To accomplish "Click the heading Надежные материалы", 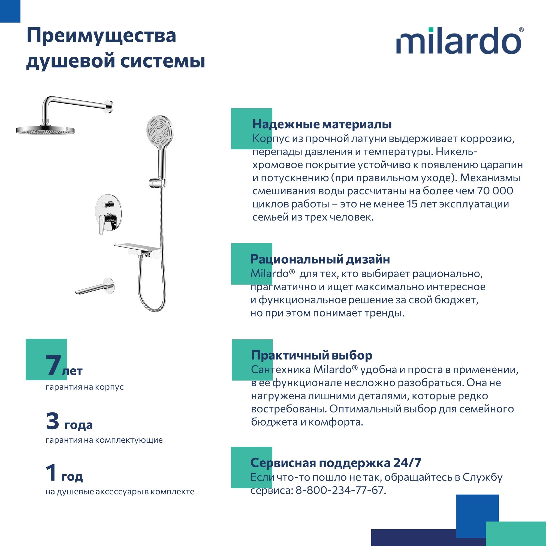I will pyautogui.click(x=322, y=124).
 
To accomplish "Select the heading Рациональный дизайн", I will pyautogui.click(x=320, y=259).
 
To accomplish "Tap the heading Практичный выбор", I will pyautogui.click(x=311, y=355).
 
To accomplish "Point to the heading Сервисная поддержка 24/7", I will pyautogui.click(x=336, y=463).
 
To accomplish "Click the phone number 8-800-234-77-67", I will pyautogui.click(x=340, y=490).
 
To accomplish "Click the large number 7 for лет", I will pyautogui.click(x=53, y=366).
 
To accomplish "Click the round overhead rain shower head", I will pyautogui.click(x=45, y=131).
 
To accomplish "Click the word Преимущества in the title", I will pyautogui.click(x=101, y=36).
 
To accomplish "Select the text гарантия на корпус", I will pyautogui.click(x=85, y=387).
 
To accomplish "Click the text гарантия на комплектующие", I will pyautogui.click(x=104, y=440).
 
